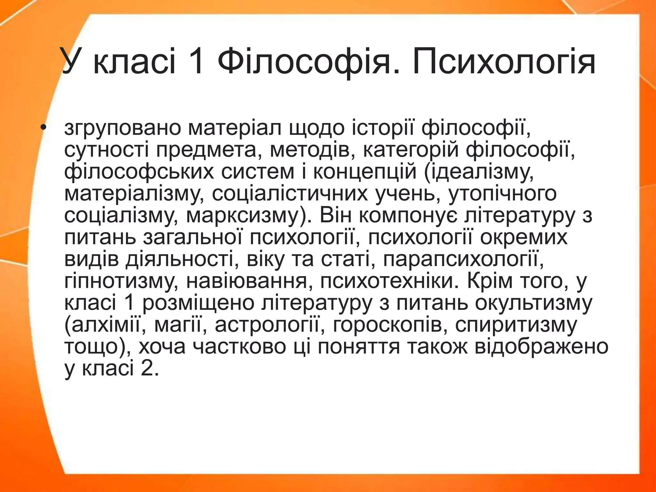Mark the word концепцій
pyautogui.click(x=365, y=172)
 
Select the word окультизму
pyautogui.click(x=534, y=303)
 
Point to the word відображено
pyautogui.click(x=541, y=347)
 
